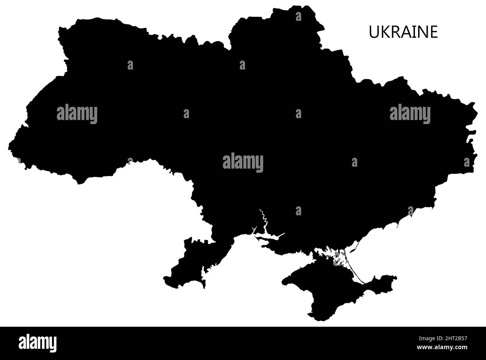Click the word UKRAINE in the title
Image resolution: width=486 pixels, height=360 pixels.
(403, 33)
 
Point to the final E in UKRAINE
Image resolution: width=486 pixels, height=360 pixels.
(434, 33)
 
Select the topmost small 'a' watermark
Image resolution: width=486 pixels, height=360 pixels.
(298, 16)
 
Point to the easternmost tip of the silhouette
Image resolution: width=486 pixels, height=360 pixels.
(477, 112)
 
